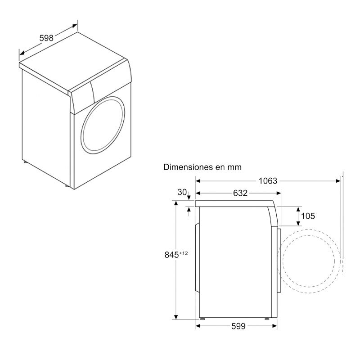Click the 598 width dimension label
(46, 38)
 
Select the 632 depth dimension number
(240, 193)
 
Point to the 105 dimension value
(308, 216)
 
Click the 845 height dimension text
(171, 254)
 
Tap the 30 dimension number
(182, 192)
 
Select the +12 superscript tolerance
(183, 252)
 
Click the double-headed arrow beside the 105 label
(297, 216)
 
